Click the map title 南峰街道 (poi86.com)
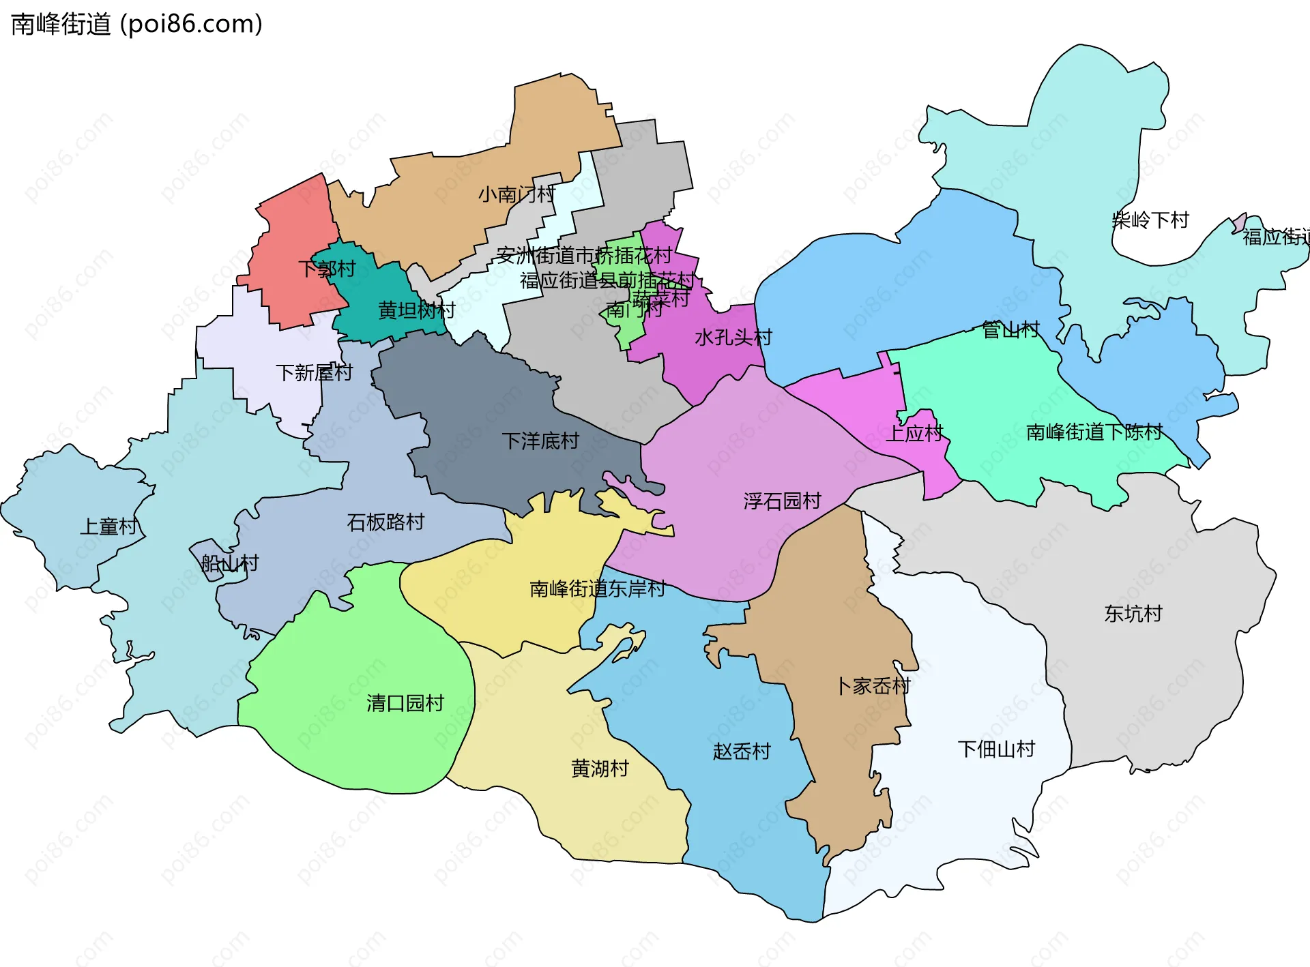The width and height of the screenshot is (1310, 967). (x=136, y=25)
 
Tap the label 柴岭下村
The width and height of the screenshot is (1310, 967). (x=1150, y=220)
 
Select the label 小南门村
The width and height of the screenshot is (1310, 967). (x=516, y=195)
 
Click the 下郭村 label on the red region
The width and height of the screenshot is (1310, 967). (x=327, y=269)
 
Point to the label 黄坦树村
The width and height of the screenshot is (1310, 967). (x=416, y=311)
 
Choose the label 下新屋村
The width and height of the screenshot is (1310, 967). (x=314, y=373)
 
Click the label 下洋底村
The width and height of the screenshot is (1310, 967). (x=540, y=441)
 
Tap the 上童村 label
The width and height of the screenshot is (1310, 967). (x=109, y=527)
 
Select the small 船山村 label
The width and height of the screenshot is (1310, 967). (x=230, y=563)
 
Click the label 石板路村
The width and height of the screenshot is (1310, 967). (x=385, y=522)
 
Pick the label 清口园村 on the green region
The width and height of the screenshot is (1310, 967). (x=405, y=703)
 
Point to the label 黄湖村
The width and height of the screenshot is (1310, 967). (x=599, y=769)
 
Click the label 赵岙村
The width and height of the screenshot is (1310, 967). (x=742, y=752)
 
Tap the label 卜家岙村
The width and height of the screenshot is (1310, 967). (x=873, y=686)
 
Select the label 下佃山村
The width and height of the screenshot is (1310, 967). (x=996, y=749)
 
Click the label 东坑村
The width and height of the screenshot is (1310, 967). (x=1133, y=614)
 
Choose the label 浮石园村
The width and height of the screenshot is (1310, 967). (x=782, y=501)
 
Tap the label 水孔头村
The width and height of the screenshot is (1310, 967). (x=733, y=338)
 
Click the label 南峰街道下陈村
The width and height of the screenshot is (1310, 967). (x=1094, y=432)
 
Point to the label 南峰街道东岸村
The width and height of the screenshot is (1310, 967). (x=597, y=589)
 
